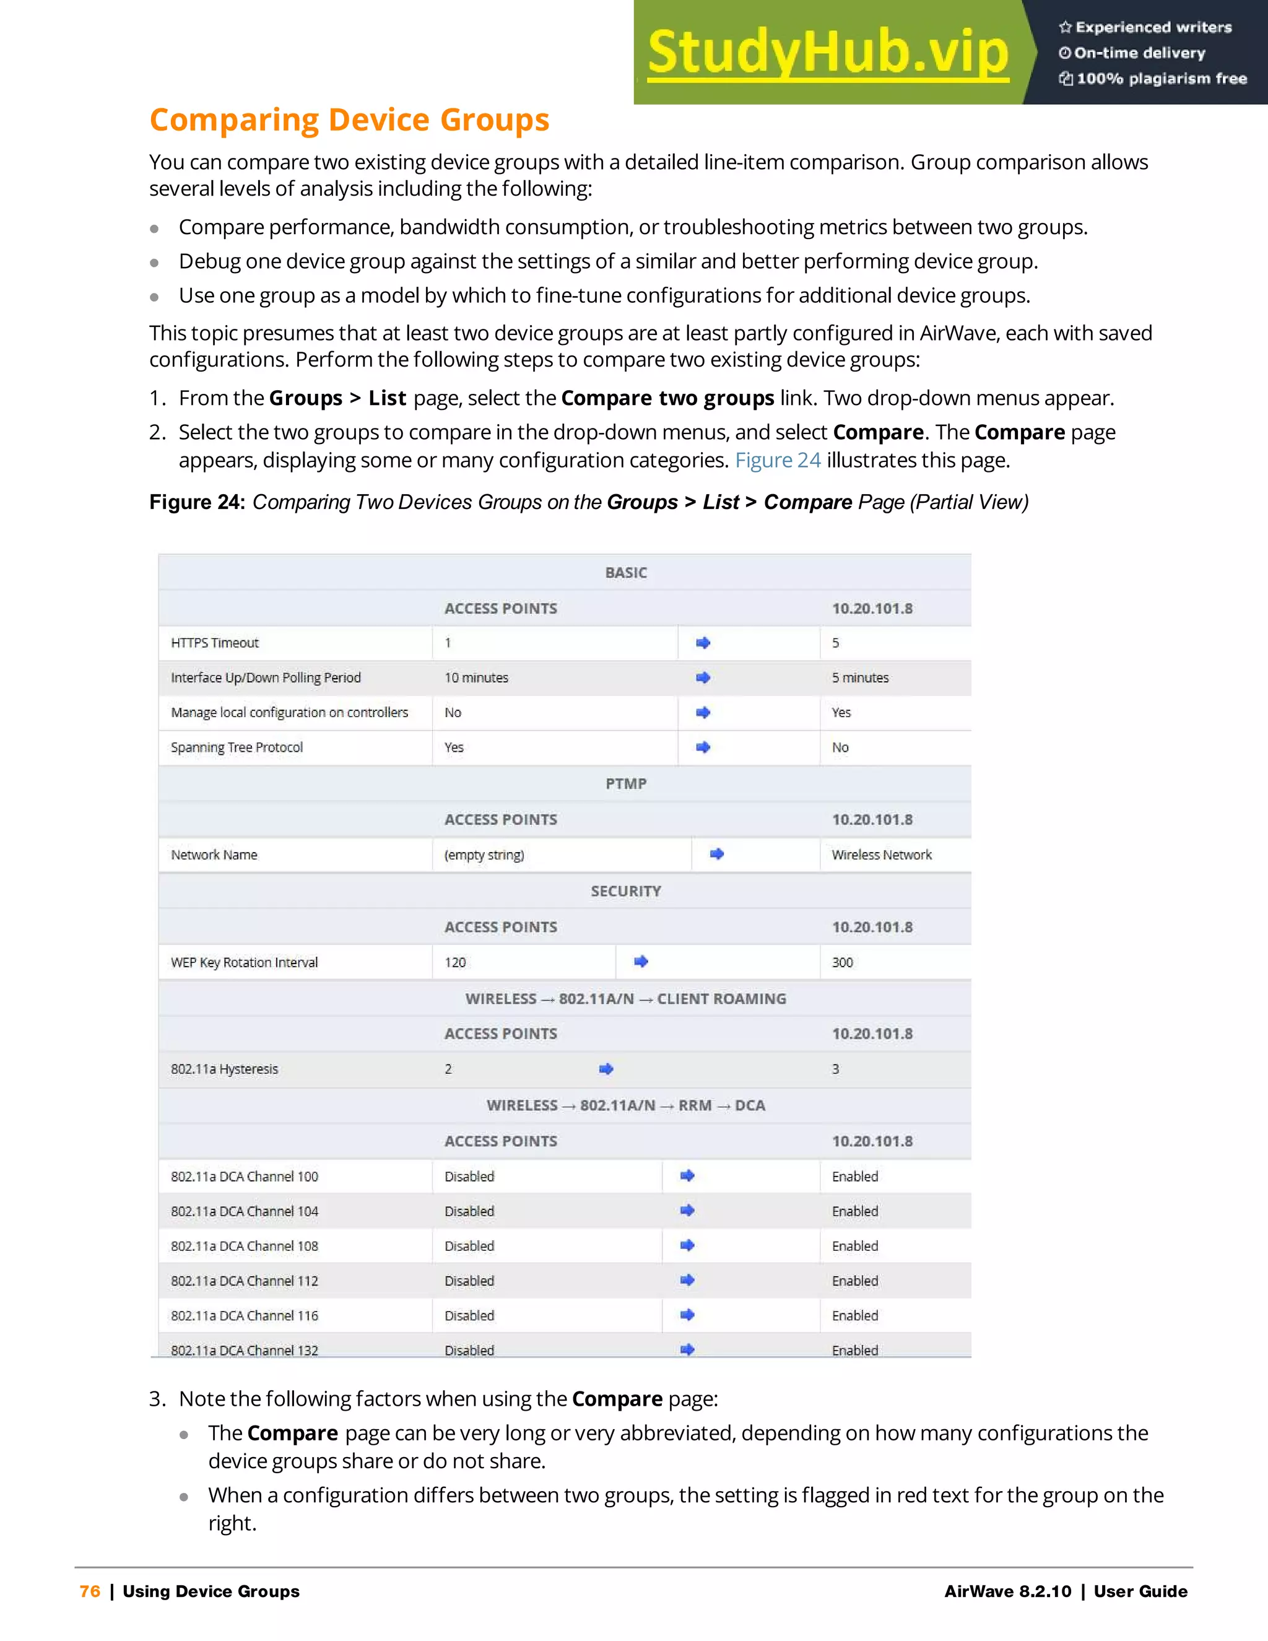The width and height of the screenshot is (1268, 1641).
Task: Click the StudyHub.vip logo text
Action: (x=827, y=53)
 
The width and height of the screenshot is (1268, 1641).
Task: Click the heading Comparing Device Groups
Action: (x=349, y=120)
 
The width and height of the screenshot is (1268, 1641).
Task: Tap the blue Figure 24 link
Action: (x=778, y=460)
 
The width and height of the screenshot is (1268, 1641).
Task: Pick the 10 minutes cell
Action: (x=476, y=677)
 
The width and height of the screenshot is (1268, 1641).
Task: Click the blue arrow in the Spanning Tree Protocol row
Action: (x=703, y=747)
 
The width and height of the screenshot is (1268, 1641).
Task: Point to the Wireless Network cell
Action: (x=881, y=855)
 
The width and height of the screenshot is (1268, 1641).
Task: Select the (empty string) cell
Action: (x=484, y=855)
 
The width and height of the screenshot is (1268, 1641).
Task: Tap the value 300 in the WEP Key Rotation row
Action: (x=842, y=962)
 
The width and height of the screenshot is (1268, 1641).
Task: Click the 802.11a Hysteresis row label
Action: (x=224, y=1069)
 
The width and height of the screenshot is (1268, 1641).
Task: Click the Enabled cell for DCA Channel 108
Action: (x=855, y=1247)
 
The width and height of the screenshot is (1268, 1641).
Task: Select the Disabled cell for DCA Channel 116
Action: (x=469, y=1316)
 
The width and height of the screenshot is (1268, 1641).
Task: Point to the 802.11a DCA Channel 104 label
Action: (x=244, y=1211)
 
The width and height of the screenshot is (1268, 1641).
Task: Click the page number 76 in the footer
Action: (x=89, y=1591)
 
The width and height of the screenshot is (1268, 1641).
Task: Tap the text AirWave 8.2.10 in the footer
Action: (x=1007, y=1591)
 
